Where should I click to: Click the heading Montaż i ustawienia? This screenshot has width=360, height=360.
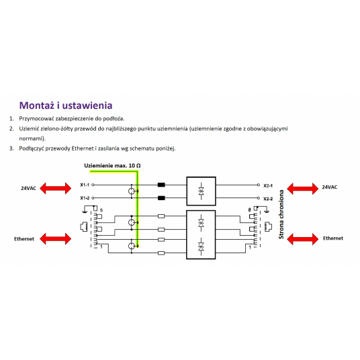point(66,105)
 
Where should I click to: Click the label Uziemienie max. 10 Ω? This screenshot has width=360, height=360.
point(112,165)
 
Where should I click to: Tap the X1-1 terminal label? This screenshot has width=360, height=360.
point(85,185)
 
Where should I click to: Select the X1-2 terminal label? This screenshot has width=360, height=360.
point(85,198)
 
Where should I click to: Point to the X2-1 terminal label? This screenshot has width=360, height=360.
point(268,185)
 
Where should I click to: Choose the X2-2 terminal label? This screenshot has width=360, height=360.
point(268,199)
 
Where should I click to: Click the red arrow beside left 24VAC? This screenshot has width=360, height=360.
point(56,188)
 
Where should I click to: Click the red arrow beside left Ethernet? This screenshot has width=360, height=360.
point(56,239)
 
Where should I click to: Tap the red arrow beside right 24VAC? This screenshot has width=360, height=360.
point(303,189)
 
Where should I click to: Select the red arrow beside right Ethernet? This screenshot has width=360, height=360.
point(303,239)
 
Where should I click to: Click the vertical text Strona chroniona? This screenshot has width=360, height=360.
point(281,214)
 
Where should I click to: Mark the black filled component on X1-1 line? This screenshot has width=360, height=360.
point(161,185)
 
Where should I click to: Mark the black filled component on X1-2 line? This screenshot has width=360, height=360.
point(161,198)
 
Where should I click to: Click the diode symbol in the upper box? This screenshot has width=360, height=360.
point(201,191)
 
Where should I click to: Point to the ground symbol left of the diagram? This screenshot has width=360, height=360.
point(85,210)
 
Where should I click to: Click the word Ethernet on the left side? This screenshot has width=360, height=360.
point(24,239)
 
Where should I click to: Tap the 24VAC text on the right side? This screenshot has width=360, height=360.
point(330,187)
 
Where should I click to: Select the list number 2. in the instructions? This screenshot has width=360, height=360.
point(11,128)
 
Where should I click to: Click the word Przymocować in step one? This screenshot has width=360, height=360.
point(36,119)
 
